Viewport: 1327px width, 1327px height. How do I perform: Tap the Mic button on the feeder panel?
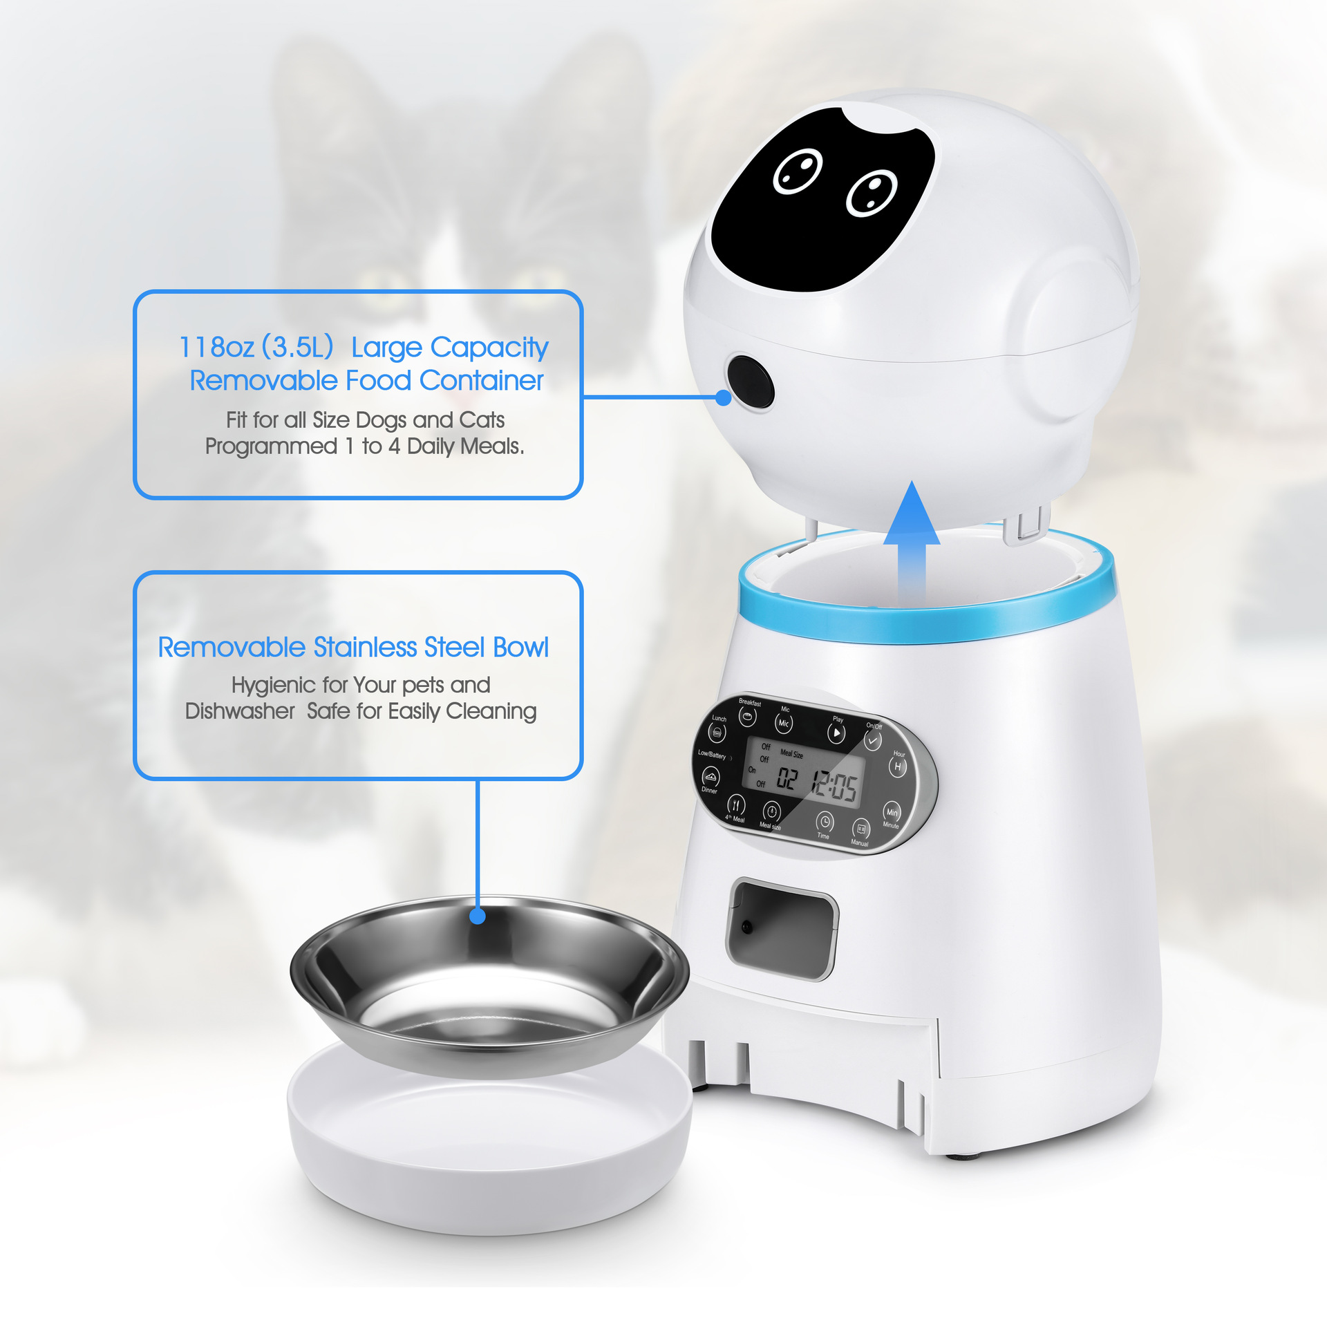pyautogui.click(x=783, y=723)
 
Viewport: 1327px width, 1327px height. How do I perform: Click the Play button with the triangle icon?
pyautogui.click(x=836, y=733)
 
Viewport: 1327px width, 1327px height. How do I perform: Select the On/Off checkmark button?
pyautogui.click(x=872, y=740)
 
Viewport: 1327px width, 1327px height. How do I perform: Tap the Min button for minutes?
pyautogui.click(x=892, y=812)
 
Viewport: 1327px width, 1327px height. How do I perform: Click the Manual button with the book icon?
pyautogui.click(x=861, y=829)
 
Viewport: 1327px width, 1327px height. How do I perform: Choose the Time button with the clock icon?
pyautogui.click(x=825, y=822)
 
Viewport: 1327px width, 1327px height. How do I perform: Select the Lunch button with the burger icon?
pyautogui.click(x=717, y=732)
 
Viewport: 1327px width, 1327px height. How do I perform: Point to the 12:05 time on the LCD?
pyautogui.click(x=834, y=785)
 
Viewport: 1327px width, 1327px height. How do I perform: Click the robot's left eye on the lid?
pyautogui.click(x=798, y=171)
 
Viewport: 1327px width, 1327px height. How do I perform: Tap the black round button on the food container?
pyautogui.click(x=751, y=382)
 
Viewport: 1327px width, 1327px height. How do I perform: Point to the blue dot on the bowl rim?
pyautogui.click(x=477, y=916)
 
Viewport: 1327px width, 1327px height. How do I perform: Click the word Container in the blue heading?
pyautogui.click(x=481, y=381)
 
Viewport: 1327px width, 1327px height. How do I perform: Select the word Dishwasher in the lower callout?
pyautogui.click(x=240, y=711)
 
